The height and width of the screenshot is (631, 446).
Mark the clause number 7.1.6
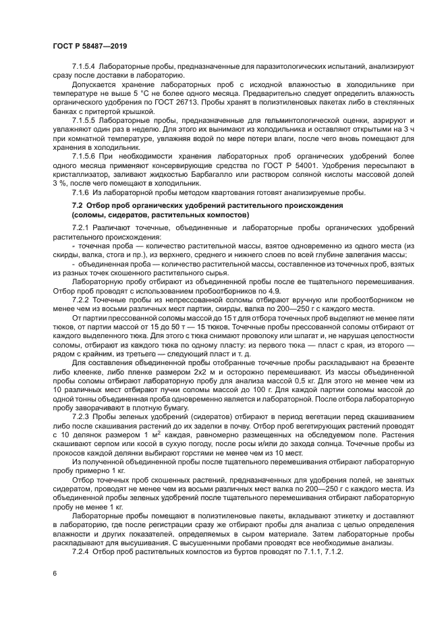coord(82,192)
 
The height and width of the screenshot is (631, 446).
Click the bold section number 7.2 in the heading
coord(78,204)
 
